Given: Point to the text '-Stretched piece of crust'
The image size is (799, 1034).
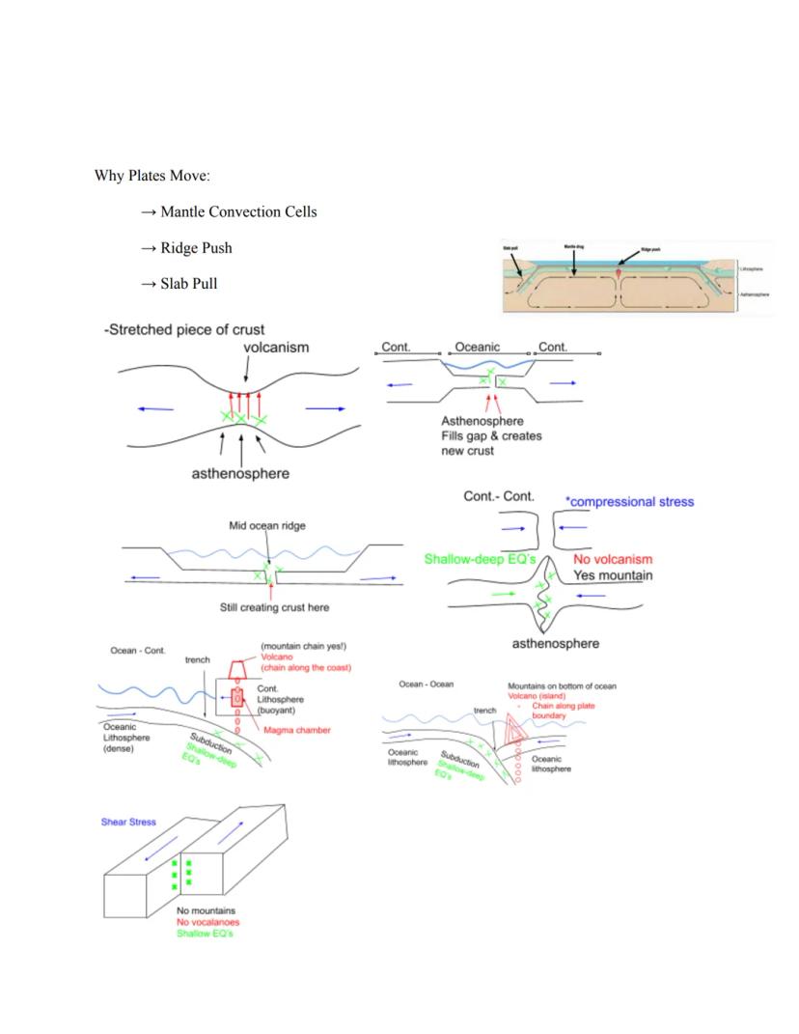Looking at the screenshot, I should pos(183,330).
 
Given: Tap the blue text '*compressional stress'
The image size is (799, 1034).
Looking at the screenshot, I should pos(630,501).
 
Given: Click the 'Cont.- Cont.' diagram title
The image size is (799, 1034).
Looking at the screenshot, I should pos(499,495).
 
